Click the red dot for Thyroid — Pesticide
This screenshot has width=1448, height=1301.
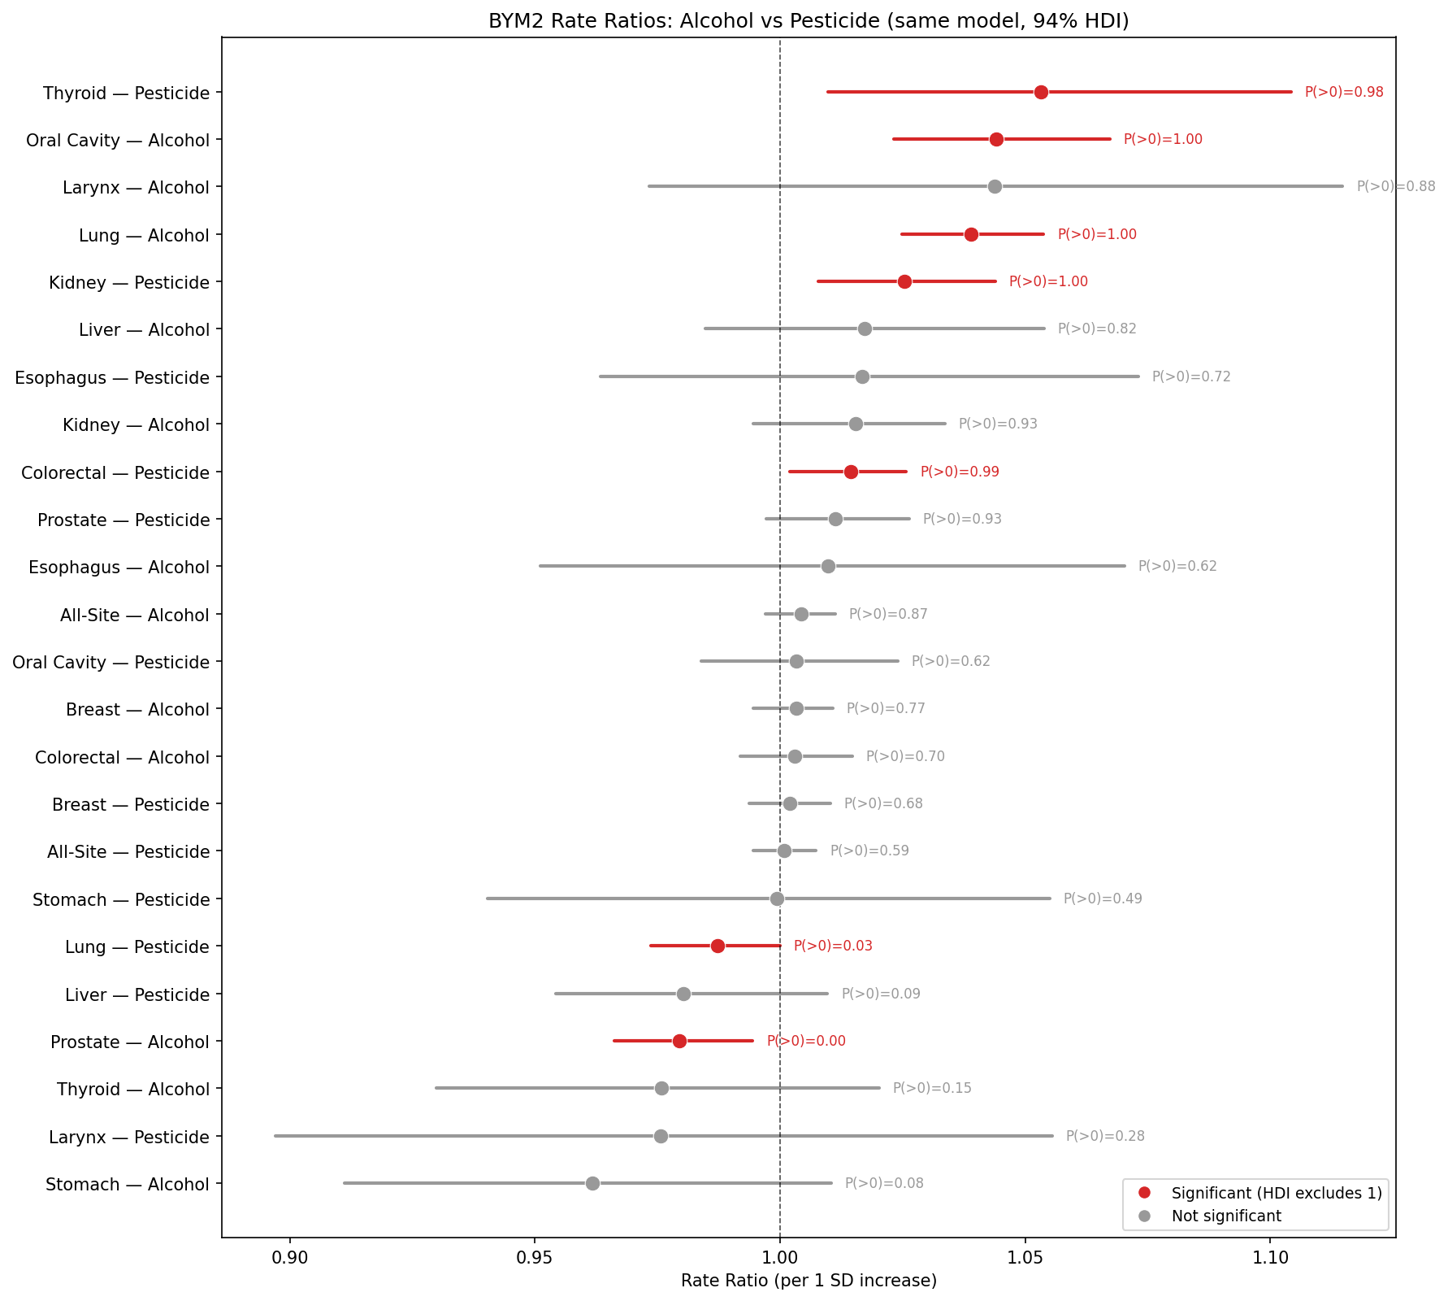[1041, 92]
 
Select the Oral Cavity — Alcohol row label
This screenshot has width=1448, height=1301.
[118, 140]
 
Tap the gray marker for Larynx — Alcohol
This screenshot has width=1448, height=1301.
[995, 187]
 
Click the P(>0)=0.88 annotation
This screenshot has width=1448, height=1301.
[1395, 187]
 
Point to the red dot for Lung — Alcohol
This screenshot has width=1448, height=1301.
[971, 234]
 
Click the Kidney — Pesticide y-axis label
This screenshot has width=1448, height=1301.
[129, 282]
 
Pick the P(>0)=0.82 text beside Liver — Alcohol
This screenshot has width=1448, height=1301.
[1096, 329]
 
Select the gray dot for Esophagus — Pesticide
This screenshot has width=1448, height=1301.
[862, 376]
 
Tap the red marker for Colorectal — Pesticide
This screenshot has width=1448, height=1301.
[851, 472]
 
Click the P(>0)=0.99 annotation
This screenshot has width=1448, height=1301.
[959, 472]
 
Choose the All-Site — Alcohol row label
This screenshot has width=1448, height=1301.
[135, 615]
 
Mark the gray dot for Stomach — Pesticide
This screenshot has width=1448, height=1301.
[777, 899]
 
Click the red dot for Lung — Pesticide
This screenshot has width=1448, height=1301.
[717, 946]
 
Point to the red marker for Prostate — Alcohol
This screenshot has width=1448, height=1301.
[679, 1041]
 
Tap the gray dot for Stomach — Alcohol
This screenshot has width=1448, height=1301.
[592, 1183]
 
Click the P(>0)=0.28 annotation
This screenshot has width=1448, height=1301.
[1104, 1136]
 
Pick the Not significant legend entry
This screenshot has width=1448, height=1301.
[1226, 1216]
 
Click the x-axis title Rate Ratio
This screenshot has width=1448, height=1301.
[809, 1281]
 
